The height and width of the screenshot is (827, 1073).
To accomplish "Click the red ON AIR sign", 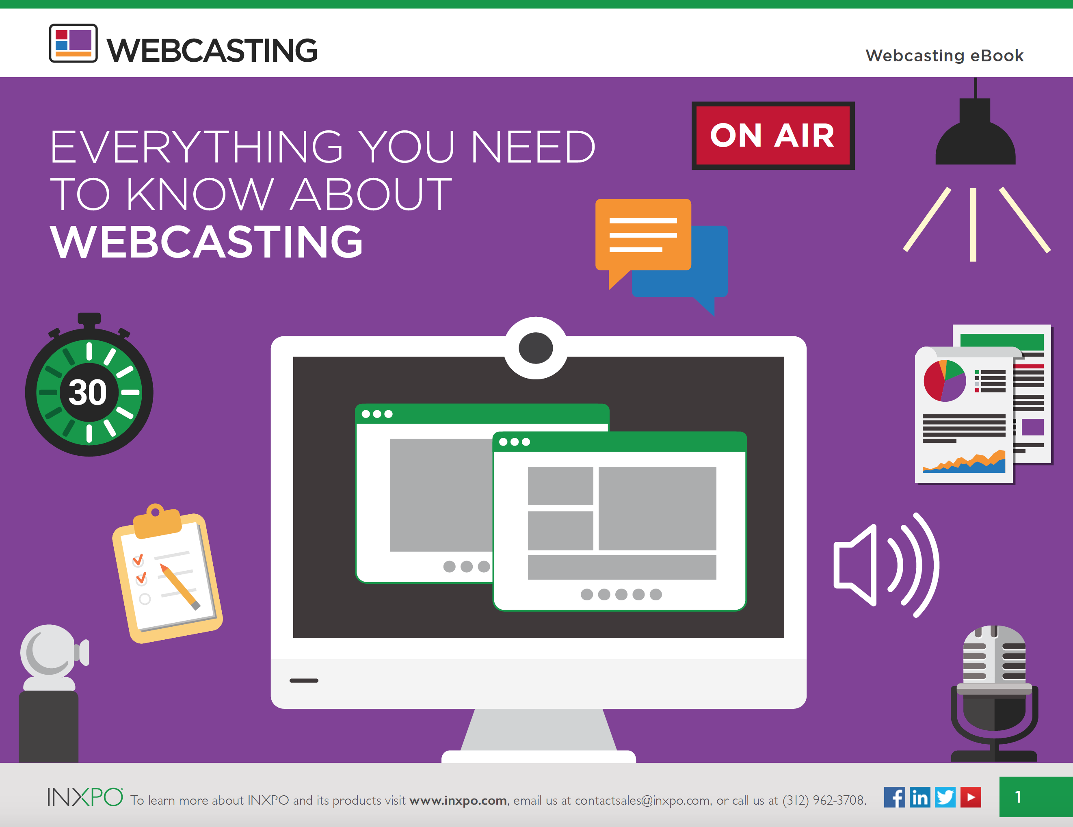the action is point(773,136).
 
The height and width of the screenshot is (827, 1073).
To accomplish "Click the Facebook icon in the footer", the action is point(894,797).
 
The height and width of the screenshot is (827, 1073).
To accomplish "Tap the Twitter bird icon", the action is point(945,797).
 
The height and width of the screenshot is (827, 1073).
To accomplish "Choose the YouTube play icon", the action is point(971,797).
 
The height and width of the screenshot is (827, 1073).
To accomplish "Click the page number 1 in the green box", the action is point(1018,797).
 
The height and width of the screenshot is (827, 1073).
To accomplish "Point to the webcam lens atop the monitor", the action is point(536,348).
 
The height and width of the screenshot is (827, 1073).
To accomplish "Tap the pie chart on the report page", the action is point(945,381).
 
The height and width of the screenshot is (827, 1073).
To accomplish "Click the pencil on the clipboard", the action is point(180,587).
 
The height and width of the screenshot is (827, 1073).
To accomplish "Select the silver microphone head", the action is point(994,656).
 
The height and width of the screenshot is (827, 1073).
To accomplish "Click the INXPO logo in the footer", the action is point(85,797).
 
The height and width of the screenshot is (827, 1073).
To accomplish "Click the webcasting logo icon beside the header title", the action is point(73,43).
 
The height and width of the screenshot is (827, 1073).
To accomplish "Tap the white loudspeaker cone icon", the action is point(855,565).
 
